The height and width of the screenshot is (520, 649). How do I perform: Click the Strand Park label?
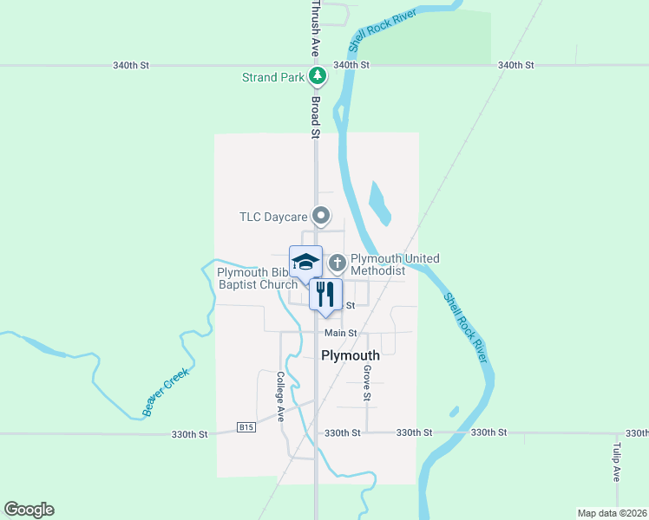(x=272, y=77)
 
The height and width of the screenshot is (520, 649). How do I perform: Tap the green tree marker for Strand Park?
(x=318, y=76)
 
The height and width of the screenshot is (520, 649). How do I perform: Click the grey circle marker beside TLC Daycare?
(x=321, y=215)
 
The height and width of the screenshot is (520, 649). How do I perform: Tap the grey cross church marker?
(x=337, y=261)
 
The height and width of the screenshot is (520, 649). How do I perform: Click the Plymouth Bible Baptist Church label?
(x=258, y=278)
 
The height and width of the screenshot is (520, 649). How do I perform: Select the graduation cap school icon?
(x=305, y=261)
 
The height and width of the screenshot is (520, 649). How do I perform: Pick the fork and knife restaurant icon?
(x=325, y=294)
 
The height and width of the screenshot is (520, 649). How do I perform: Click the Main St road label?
(x=341, y=333)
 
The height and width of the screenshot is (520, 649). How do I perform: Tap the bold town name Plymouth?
(x=351, y=355)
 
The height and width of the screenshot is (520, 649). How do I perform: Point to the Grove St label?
(x=367, y=383)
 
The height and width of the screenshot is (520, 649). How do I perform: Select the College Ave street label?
(x=280, y=396)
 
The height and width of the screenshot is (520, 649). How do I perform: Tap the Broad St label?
(x=316, y=117)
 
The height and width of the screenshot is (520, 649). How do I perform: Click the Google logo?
(x=29, y=510)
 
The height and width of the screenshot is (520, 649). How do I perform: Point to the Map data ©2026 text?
(x=612, y=513)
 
